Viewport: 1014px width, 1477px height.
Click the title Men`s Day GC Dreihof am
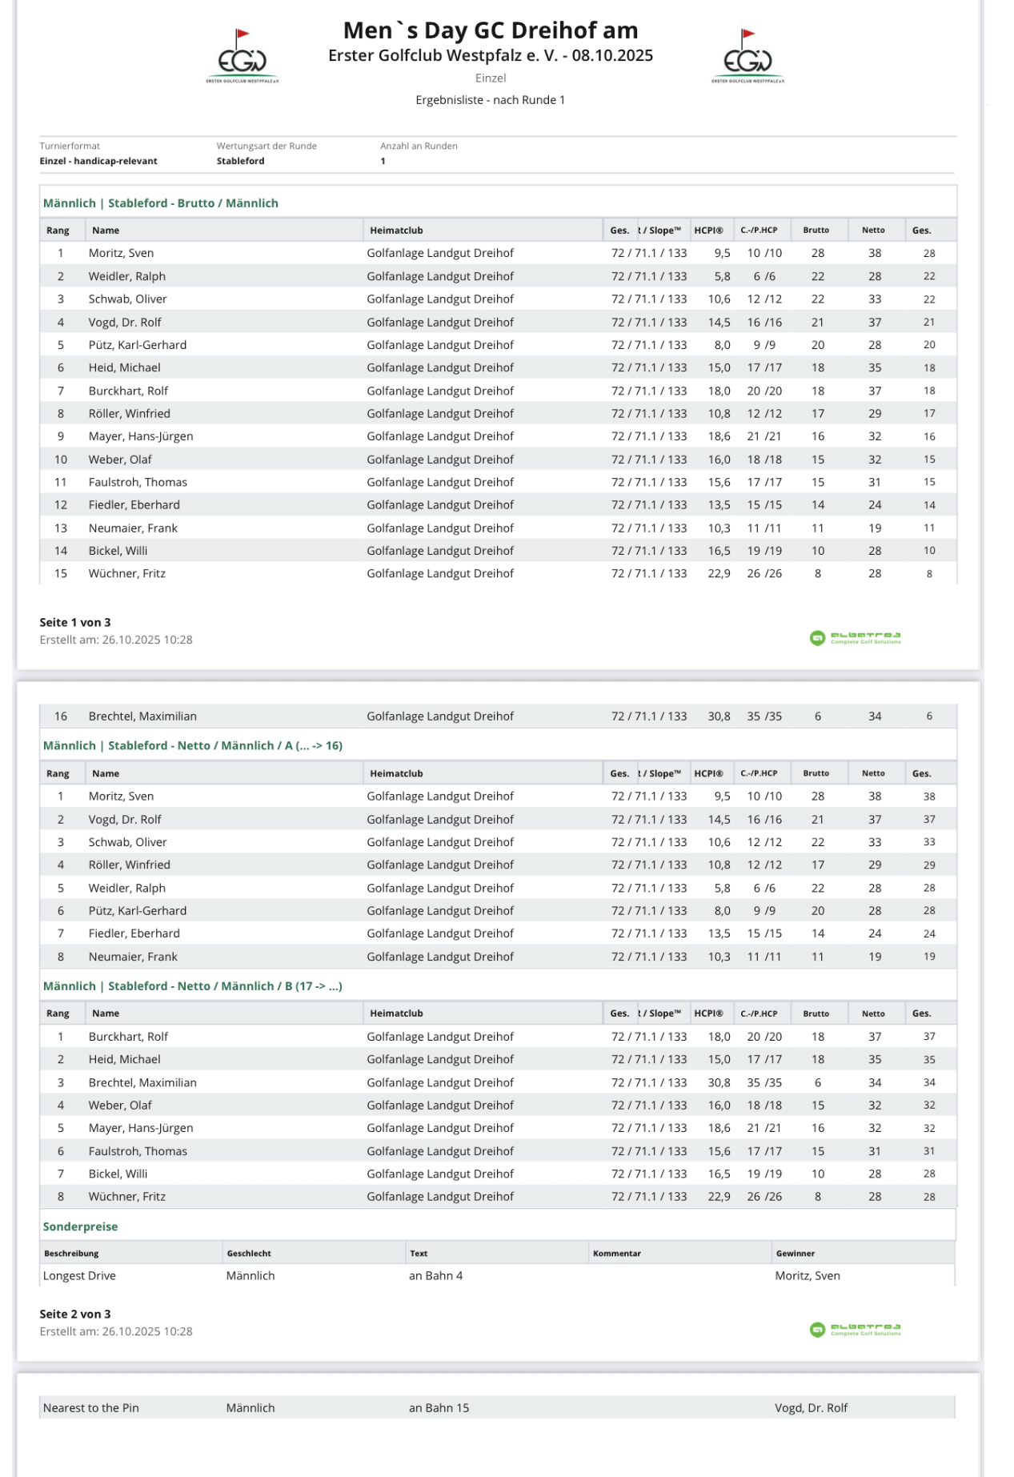coord(490,30)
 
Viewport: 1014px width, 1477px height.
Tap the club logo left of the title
coord(242,57)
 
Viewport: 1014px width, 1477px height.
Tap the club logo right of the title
coord(747,57)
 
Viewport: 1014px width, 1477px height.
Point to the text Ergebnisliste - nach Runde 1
coord(490,100)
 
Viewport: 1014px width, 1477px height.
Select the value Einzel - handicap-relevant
coord(98,161)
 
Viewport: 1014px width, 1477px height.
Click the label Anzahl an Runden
coord(419,146)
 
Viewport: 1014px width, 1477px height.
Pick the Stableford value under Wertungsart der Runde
coord(240,161)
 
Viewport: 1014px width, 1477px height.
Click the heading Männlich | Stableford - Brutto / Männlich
coord(161,203)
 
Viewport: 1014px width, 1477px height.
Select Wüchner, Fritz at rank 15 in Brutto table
coord(127,573)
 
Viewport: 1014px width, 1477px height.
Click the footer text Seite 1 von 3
coord(75,622)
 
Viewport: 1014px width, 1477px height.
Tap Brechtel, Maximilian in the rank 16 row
coord(142,716)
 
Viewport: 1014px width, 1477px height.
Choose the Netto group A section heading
coord(193,745)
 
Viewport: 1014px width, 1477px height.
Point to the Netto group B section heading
coord(193,986)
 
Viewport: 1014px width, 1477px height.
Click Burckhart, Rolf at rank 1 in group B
coord(128,1037)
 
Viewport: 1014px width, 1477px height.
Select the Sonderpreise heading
coord(80,1226)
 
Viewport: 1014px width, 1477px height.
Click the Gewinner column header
coord(795,1254)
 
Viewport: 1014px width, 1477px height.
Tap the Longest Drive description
coord(79,1276)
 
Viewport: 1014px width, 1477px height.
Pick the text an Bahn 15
coord(439,1407)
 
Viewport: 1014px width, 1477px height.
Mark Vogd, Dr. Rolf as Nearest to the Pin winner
coord(811,1407)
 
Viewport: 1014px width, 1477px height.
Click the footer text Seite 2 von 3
coord(75,1314)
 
